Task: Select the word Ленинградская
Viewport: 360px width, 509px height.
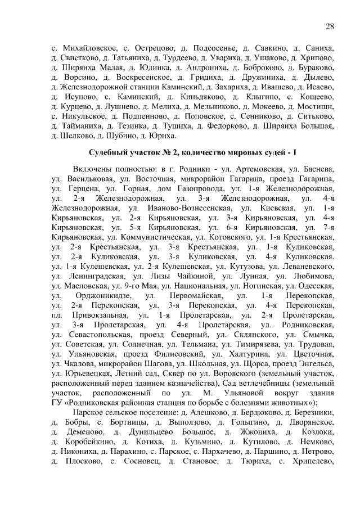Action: pyautogui.click(x=92, y=276)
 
